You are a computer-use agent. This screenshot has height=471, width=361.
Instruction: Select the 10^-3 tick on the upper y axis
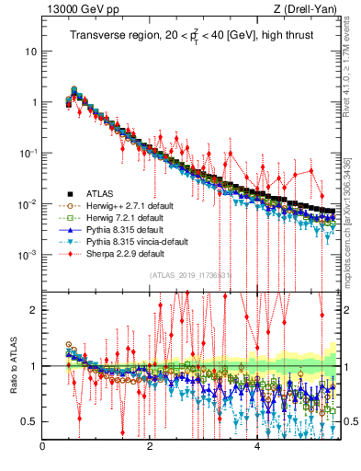[x=26, y=254]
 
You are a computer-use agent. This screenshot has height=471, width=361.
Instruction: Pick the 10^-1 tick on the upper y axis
[x=26, y=153]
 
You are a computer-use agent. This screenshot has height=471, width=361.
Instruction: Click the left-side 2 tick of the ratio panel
[x=34, y=310]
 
